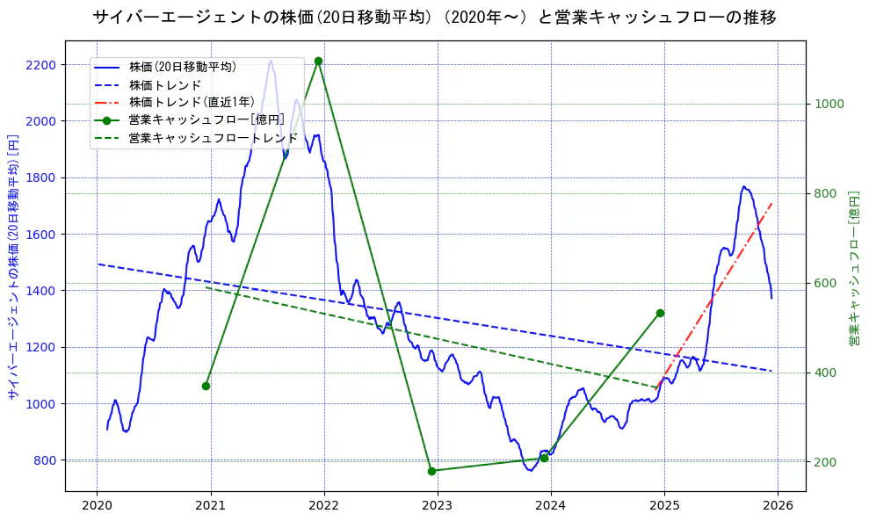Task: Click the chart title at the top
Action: click(x=434, y=18)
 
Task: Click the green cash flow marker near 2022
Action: click(x=318, y=61)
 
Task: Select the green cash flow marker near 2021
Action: click(x=206, y=386)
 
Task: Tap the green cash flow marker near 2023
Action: click(x=431, y=471)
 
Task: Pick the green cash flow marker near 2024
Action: click(x=544, y=458)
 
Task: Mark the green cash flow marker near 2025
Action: click(x=660, y=313)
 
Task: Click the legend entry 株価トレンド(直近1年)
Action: click(x=191, y=102)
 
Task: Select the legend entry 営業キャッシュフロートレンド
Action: click(x=213, y=138)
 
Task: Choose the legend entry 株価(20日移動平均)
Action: click(x=182, y=67)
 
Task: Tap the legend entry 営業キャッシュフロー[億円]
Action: click(x=206, y=119)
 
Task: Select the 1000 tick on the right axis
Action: click(x=829, y=104)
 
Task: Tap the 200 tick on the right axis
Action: click(x=826, y=462)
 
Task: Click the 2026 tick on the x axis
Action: click(x=778, y=505)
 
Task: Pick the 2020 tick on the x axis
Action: click(x=97, y=505)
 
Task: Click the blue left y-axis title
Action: click(x=12, y=267)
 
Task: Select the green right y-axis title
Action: click(x=853, y=267)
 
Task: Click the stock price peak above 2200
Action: click(x=270, y=61)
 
